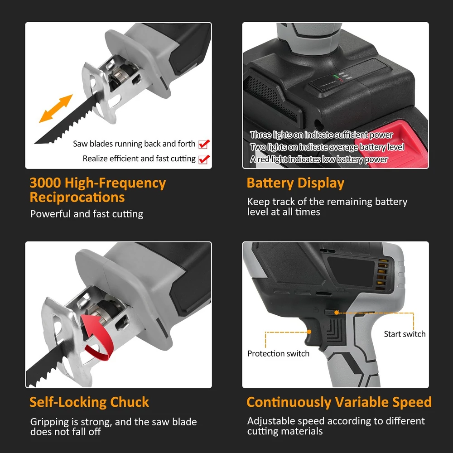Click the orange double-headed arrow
pyautogui.click(x=56, y=109)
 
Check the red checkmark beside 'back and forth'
pyautogui.click(x=204, y=144)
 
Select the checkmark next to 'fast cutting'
pyautogui.click(x=204, y=159)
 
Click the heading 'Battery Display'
pyautogui.click(x=295, y=183)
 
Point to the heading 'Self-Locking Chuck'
pyautogui.click(x=89, y=402)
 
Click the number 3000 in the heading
pyautogui.click(x=45, y=183)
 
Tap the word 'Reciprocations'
pyautogui.click(x=77, y=198)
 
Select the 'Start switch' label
pyautogui.click(x=405, y=334)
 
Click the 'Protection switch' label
pyautogui.click(x=278, y=354)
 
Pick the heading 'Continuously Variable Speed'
pyautogui.click(x=339, y=402)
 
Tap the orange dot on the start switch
pyautogui.click(x=337, y=312)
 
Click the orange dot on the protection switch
pyautogui.click(x=309, y=332)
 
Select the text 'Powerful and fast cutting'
pyautogui.click(x=87, y=214)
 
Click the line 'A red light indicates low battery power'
pyautogui.click(x=319, y=159)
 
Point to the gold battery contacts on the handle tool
pyautogui.click(x=382, y=274)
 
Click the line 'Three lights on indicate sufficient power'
pyautogui.click(x=322, y=135)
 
